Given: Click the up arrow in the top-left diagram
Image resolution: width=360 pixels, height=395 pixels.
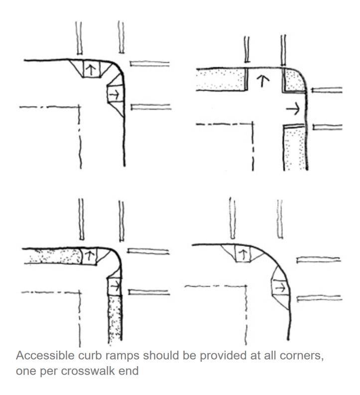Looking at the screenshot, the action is coord(91,69).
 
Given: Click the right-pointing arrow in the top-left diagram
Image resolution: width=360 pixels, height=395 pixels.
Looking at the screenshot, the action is coord(115,95).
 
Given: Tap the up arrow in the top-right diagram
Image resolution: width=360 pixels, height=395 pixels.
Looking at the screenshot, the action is coord(262,81).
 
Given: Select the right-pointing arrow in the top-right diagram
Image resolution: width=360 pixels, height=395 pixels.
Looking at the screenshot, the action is coord(293,109).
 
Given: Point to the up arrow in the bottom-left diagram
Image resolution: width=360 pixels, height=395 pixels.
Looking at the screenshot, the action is coord(89,256).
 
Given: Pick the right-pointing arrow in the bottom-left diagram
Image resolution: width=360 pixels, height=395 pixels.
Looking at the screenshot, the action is coord(116,285).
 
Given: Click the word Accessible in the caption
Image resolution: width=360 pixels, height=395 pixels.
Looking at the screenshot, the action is coord(45,356).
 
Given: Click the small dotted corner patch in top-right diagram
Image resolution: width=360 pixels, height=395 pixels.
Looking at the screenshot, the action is coord(294,80).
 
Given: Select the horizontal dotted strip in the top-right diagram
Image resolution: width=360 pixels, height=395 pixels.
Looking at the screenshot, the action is coord(220,79).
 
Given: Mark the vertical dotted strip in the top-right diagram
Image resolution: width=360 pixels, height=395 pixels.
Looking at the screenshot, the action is coord(295,148).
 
